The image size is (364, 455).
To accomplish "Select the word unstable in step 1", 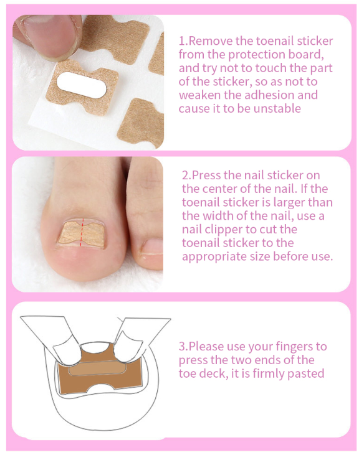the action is [277, 108].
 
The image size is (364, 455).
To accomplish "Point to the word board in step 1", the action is [305, 55].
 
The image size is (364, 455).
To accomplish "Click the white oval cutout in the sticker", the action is [82, 85].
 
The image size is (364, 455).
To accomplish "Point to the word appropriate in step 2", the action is [214, 257].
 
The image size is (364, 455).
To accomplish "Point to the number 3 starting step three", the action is [182, 347].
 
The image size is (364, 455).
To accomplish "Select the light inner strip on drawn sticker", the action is [97, 368].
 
